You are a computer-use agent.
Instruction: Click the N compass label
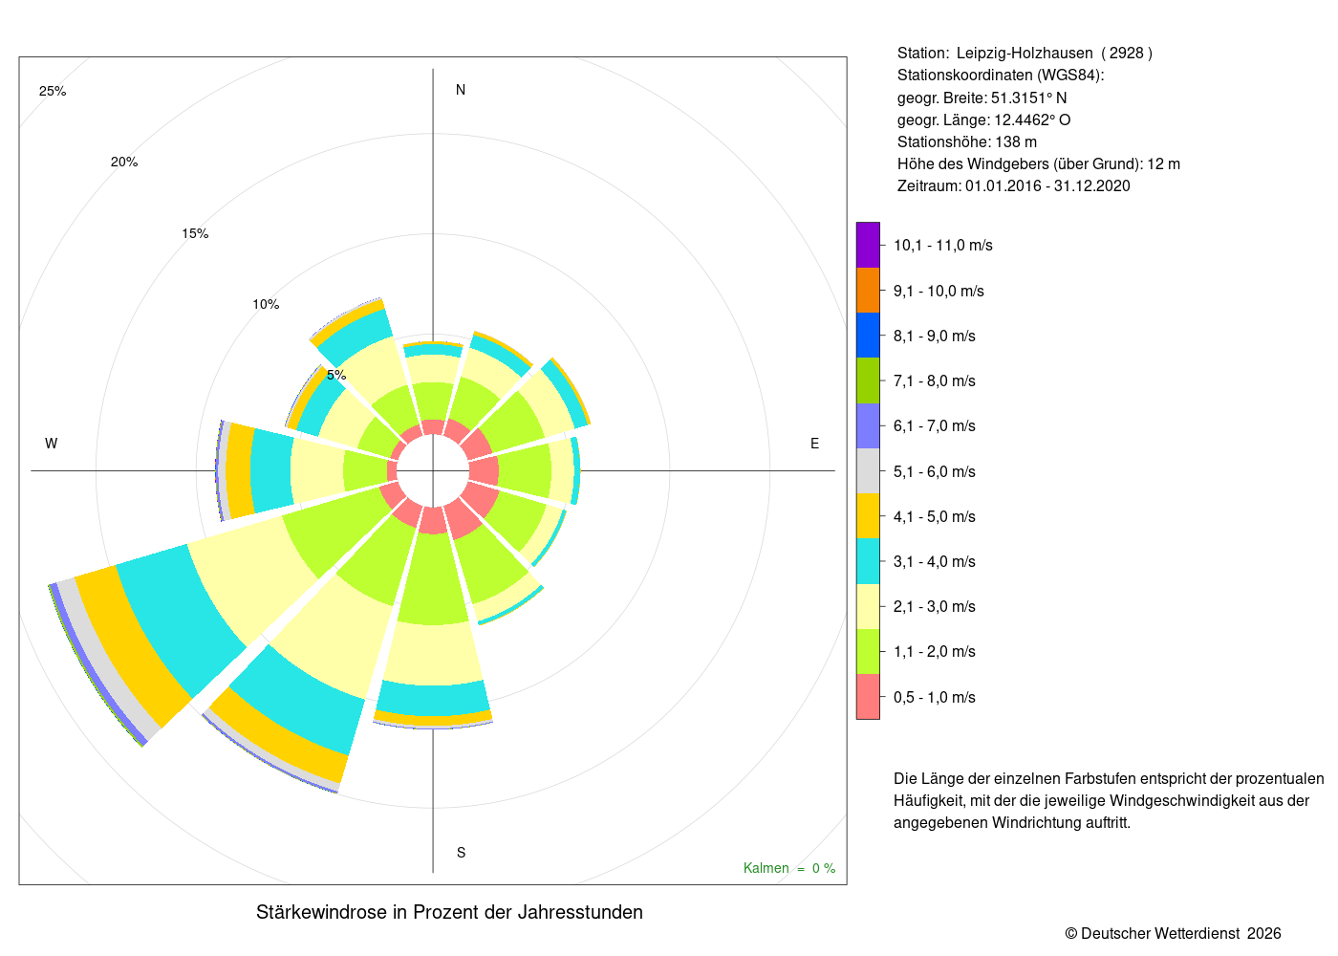461,90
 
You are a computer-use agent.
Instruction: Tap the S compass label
461,853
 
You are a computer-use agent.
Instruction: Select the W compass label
51,444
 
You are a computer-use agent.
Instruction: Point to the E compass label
814,444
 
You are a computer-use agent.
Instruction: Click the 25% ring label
53,92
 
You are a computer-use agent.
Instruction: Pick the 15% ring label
195,233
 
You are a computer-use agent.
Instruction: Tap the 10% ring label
266,304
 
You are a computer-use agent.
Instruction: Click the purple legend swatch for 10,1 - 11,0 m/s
868,245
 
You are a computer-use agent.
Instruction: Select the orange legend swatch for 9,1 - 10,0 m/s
868,291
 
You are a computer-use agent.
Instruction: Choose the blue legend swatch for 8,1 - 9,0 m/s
868,336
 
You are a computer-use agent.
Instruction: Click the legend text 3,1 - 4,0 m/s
935,562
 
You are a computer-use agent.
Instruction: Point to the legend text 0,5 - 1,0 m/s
935,697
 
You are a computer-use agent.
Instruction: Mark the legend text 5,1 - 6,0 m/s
935,471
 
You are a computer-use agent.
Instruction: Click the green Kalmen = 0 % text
789,868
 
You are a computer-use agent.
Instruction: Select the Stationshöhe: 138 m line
967,142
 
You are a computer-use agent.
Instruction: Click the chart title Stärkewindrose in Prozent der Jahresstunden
449,912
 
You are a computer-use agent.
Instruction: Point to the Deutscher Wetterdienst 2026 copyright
1173,933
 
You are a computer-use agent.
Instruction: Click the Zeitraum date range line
1014,185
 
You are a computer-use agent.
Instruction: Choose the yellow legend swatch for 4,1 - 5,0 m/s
868,516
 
